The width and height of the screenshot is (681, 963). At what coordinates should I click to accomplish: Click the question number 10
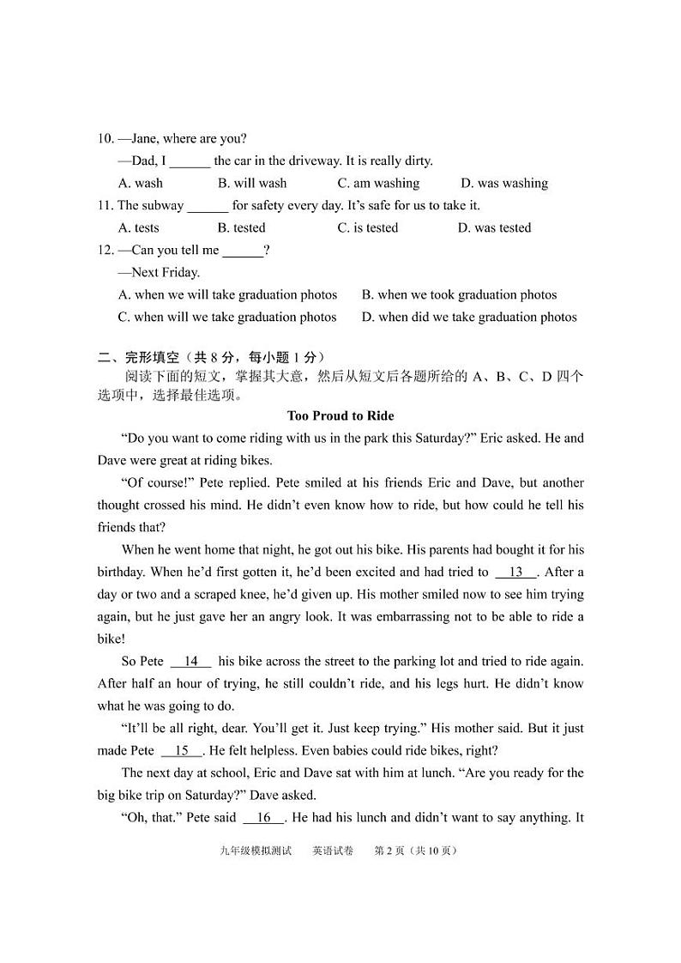105,138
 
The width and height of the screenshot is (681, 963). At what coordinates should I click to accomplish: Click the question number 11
105,205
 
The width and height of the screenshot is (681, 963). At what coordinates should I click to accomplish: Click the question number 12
105,250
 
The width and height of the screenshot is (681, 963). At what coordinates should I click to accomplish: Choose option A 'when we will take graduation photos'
227,294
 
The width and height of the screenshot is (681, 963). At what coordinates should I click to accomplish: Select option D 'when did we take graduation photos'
469,317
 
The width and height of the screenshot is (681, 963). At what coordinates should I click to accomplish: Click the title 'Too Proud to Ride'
340,415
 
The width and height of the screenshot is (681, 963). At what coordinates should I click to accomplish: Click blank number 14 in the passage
190,661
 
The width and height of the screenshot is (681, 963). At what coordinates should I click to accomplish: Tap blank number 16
263,817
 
